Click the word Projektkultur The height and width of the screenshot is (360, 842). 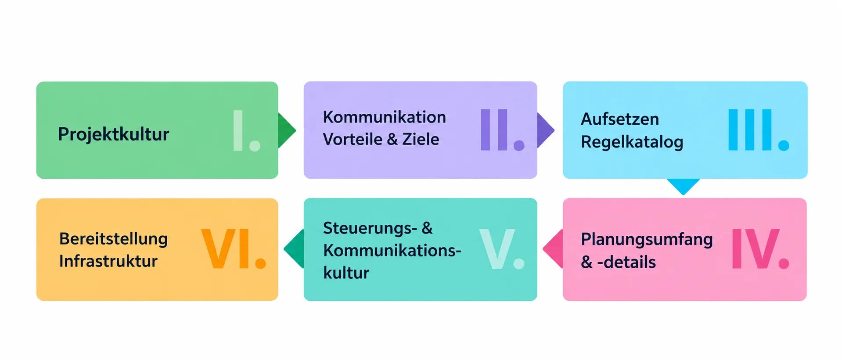[x=113, y=134]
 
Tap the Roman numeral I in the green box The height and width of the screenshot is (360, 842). [x=238, y=130]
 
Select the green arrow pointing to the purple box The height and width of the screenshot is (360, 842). [x=287, y=130]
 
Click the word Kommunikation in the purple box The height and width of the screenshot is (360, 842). [x=384, y=117]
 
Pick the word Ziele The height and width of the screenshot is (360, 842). [x=421, y=139]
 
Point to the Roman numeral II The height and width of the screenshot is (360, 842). [x=494, y=130]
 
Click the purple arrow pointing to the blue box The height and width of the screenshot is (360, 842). [x=546, y=130]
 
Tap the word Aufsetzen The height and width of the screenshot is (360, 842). [x=620, y=119]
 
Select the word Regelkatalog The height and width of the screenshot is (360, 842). [x=632, y=142]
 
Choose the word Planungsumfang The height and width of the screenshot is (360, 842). [x=647, y=240]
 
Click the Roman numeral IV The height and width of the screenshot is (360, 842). [x=756, y=248]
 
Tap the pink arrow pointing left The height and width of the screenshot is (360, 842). [x=553, y=248]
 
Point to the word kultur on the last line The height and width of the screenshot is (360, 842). [x=346, y=273]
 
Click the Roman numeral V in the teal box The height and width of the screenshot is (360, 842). [x=497, y=248]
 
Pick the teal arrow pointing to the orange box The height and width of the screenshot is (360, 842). [x=294, y=248]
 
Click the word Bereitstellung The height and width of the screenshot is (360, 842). [x=113, y=239]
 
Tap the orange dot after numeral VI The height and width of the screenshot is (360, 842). [x=260, y=263]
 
